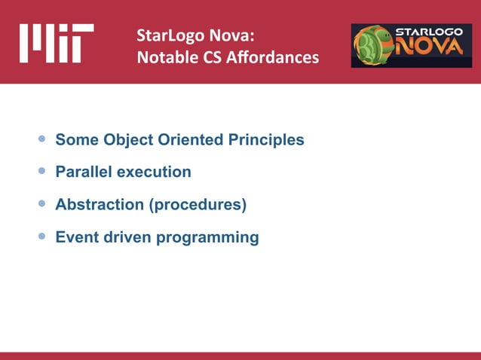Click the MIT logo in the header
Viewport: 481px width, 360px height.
click(x=57, y=43)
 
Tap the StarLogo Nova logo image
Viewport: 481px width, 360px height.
click(x=411, y=44)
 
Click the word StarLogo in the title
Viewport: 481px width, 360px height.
click(x=167, y=35)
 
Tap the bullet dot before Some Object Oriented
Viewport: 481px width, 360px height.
click(x=41, y=139)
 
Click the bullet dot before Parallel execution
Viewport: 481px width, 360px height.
click(x=41, y=172)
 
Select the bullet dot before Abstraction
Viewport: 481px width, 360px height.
click(x=41, y=204)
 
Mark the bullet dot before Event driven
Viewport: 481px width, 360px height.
click(x=41, y=237)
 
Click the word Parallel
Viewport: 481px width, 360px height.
click(x=83, y=172)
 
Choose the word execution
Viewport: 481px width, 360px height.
click(x=153, y=172)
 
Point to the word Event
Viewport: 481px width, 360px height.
click(x=76, y=238)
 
